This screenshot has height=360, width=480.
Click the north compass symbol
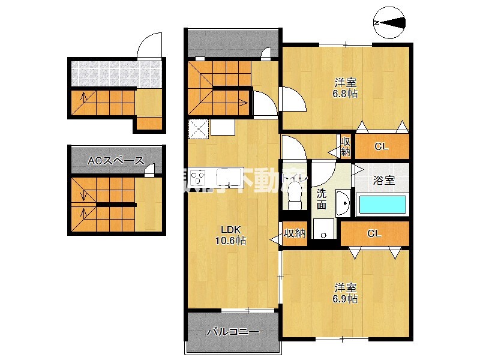[389, 23]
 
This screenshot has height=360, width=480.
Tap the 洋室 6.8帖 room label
[346, 88]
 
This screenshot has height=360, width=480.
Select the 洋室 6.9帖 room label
[346, 293]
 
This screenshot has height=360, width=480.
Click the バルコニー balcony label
[233, 331]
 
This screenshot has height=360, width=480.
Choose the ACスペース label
[116, 160]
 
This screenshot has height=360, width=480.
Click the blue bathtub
[382, 205]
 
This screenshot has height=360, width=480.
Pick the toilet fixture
[294, 193]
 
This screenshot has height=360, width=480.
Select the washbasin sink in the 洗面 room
[343, 203]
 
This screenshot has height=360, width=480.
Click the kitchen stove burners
[198, 177]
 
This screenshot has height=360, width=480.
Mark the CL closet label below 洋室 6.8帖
[381, 146]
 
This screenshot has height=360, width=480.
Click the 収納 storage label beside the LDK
[295, 233]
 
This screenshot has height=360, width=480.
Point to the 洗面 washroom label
[322, 199]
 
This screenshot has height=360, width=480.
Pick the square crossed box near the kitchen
[197, 128]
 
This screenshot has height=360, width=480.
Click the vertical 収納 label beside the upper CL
[346, 146]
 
